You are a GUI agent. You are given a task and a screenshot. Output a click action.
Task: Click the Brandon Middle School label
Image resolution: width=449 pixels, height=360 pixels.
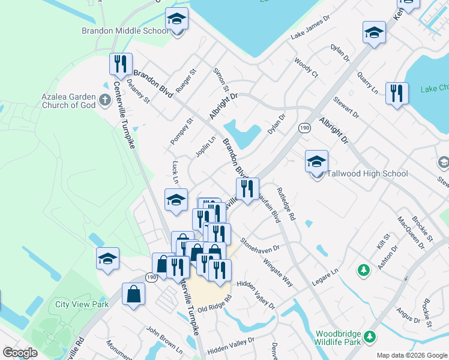[x=125, y=31]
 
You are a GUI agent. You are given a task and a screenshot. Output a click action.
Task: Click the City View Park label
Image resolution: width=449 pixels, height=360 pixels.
[x=82, y=304]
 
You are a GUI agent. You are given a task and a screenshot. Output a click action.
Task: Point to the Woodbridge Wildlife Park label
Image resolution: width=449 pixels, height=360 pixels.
[x=346, y=338]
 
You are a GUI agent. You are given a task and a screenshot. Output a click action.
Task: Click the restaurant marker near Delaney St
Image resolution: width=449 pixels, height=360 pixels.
[x=121, y=66]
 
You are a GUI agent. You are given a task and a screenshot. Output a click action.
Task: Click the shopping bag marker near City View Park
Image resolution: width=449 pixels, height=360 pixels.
[x=133, y=295]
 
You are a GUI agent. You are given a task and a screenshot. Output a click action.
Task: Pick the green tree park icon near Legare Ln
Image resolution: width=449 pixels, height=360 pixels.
[x=363, y=271]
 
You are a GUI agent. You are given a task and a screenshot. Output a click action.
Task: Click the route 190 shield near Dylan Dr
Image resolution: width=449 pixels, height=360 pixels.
[x=305, y=128]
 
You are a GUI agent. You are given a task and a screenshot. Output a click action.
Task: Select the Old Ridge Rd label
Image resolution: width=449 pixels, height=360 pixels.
[x=214, y=305]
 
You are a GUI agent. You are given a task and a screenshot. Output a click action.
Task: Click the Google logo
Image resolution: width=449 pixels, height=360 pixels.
[x=20, y=353]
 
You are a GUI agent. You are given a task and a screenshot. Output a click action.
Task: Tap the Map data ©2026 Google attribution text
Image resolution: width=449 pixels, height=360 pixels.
[x=412, y=355]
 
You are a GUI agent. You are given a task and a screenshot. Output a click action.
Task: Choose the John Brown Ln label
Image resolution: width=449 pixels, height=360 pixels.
[x=164, y=338]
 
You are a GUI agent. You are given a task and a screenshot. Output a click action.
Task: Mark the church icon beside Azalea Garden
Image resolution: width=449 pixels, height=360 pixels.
[x=106, y=100]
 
